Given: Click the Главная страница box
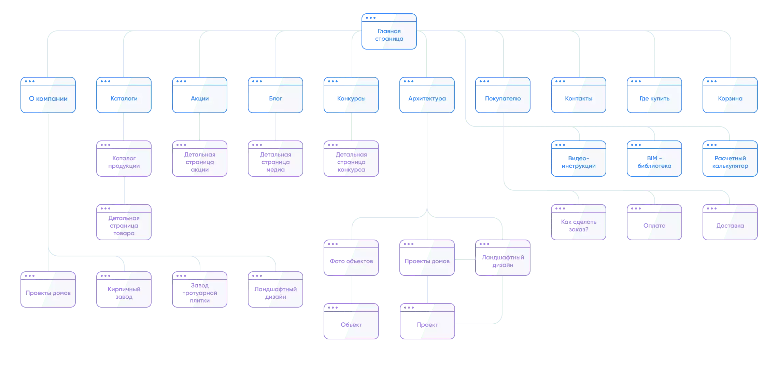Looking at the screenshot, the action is click(x=389, y=31).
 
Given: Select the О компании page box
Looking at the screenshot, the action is click(x=48, y=95).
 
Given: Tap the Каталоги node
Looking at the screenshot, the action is click(x=124, y=95).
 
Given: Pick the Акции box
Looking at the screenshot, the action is click(x=200, y=95).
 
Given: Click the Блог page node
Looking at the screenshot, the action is click(x=275, y=95).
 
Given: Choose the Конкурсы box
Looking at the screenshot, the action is click(x=351, y=95).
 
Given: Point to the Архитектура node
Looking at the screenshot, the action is click(x=427, y=95).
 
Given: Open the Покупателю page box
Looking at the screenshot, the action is click(x=503, y=95).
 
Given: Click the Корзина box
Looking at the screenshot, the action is click(x=730, y=95).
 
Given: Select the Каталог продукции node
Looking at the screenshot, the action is click(x=124, y=159).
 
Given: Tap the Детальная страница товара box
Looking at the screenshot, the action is click(x=124, y=222).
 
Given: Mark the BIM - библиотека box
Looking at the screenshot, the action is click(x=654, y=159).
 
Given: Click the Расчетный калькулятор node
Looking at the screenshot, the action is click(x=730, y=159).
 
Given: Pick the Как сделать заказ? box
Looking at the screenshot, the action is click(x=579, y=222).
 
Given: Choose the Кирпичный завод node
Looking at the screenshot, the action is click(x=124, y=289).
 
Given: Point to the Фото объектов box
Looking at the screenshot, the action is click(x=351, y=258).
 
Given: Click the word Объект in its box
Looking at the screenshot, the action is click(x=351, y=325).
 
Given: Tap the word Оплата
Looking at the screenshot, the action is click(x=654, y=226).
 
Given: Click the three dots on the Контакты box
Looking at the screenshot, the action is click(x=560, y=81).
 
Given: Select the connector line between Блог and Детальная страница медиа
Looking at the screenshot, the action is click(x=276, y=127).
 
